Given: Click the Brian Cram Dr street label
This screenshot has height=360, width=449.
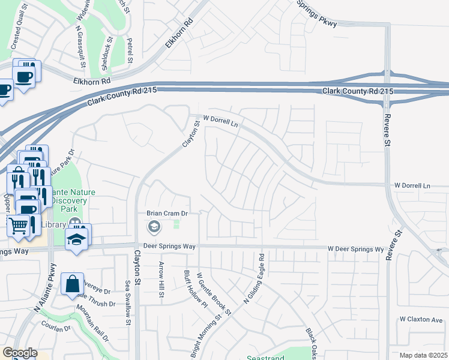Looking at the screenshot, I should click(x=168, y=213).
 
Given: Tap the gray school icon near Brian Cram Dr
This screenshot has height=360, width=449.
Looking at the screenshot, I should click(x=154, y=226).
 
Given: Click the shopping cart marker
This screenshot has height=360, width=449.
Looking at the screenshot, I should click(x=19, y=225).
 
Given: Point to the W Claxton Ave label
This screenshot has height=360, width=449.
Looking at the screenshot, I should click(x=421, y=319).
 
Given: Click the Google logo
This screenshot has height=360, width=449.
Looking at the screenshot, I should click(x=20, y=353).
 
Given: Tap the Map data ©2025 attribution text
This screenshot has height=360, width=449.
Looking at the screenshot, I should click(x=424, y=355).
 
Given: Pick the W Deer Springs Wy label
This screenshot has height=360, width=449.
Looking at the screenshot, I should click(x=355, y=248).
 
